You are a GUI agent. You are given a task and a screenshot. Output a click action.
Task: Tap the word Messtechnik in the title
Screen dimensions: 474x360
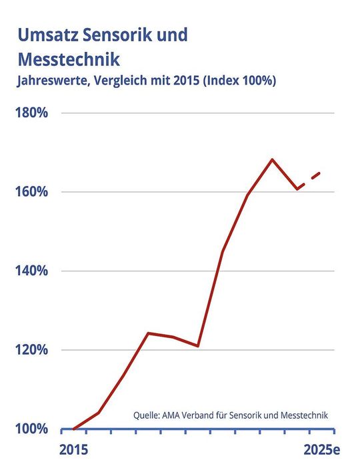68,59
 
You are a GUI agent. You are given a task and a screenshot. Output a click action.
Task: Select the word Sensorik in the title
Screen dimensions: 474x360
122,35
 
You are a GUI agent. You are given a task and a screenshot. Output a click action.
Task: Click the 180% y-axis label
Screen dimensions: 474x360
31,113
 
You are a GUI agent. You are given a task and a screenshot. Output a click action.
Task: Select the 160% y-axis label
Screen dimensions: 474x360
31,192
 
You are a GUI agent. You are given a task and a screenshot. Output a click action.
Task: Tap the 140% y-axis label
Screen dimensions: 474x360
31,271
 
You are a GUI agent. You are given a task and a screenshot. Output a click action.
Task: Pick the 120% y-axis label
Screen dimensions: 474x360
31,350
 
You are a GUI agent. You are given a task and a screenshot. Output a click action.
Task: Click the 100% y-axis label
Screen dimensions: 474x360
31,429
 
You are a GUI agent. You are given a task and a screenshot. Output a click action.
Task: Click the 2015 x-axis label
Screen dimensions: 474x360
74,450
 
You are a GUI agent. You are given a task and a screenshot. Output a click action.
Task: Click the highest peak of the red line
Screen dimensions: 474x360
272,159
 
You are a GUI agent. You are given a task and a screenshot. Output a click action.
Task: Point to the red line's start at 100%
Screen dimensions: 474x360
74,429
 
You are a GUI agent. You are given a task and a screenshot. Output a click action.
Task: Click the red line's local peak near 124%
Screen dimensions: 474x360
148,333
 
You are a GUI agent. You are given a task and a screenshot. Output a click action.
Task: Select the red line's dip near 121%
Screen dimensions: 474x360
197,346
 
